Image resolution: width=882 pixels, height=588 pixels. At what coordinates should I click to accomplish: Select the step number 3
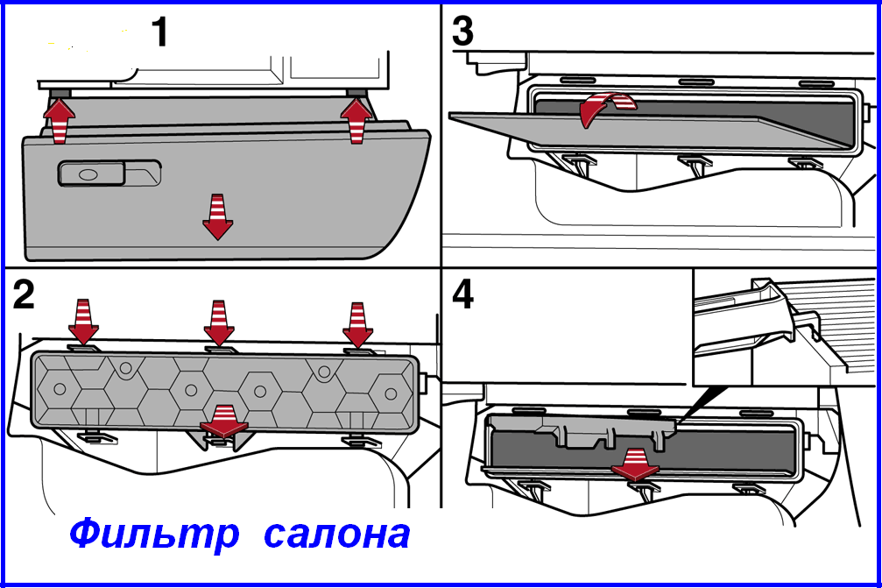point(462,32)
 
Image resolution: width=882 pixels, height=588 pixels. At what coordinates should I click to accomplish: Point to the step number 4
point(462,294)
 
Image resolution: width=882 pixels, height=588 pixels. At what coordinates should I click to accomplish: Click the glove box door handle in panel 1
point(109,174)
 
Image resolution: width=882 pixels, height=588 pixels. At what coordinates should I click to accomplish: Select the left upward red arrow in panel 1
point(58,121)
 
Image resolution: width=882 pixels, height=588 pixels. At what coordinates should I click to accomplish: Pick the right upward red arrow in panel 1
point(356,121)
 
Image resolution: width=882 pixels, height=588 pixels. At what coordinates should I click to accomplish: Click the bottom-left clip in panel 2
point(90,436)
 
